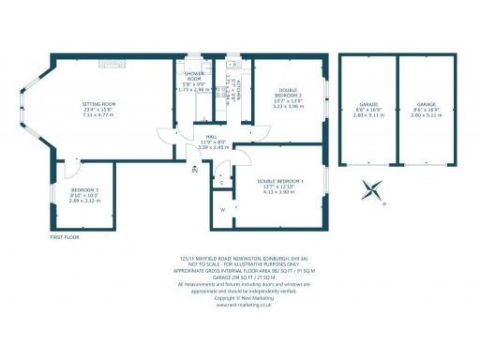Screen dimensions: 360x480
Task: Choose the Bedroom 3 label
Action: (x=84, y=190)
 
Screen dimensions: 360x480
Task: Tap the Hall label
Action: (x=213, y=136)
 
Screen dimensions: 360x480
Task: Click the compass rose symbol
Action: (x=373, y=190)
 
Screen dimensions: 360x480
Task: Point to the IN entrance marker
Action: (x=195, y=172)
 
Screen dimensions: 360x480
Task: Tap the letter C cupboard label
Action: (x=222, y=182)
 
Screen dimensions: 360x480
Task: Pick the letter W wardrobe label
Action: (x=222, y=209)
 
